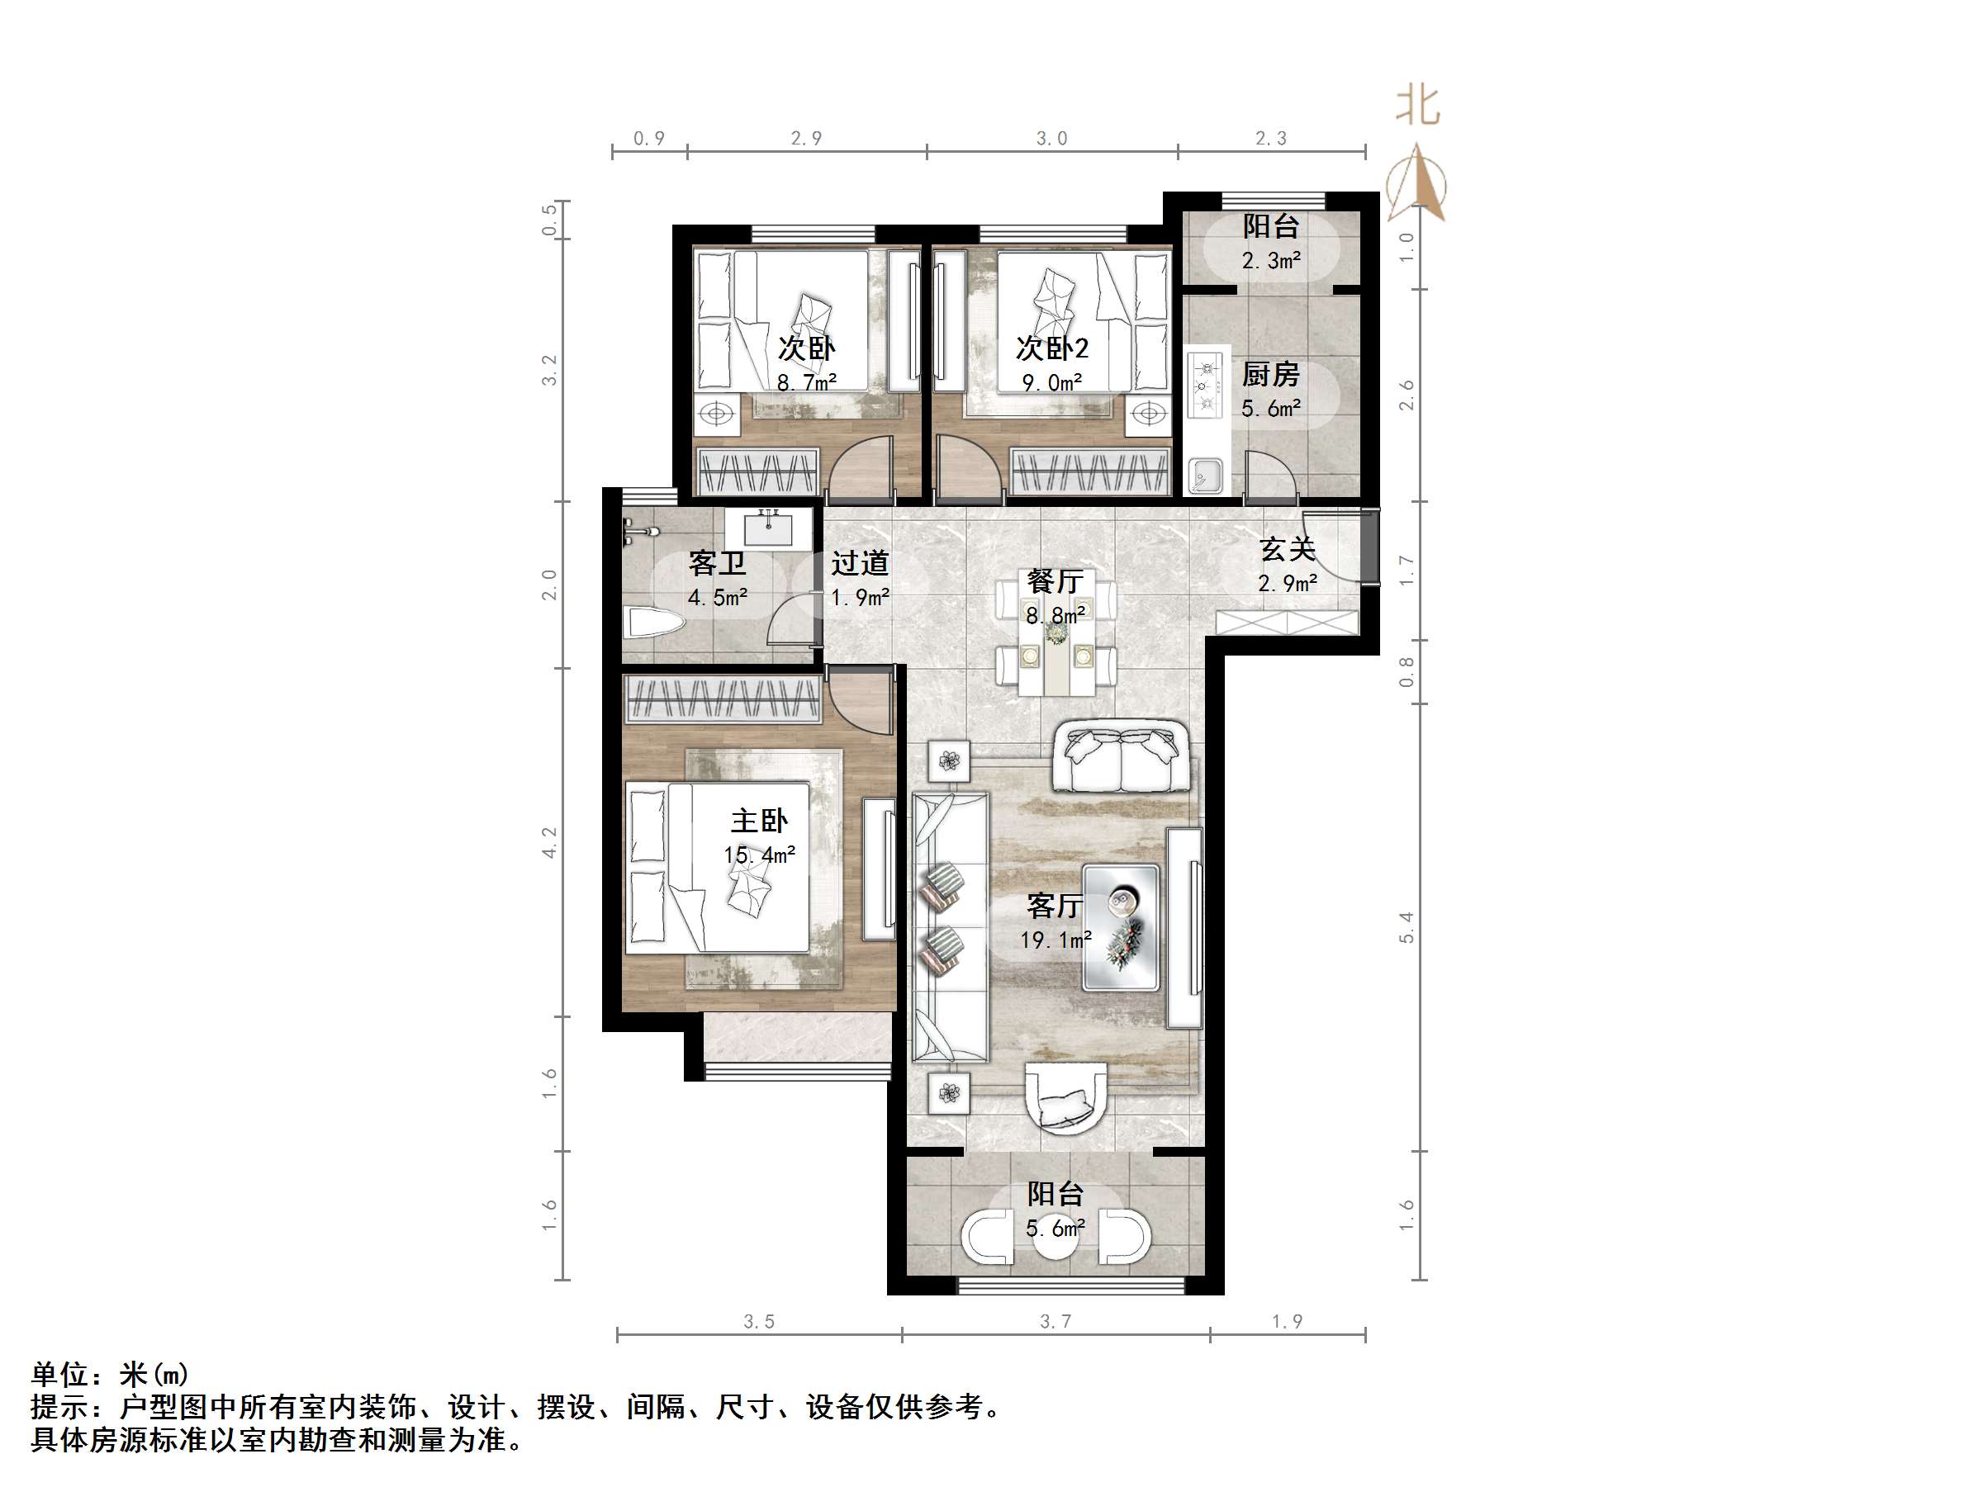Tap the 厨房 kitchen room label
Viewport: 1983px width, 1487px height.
[1270, 375]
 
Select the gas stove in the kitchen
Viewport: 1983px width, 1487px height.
[1206, 385]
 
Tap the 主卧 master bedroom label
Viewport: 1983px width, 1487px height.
[758, 821]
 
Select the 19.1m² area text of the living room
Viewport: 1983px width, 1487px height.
[1056, 940]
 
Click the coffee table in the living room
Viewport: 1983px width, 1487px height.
[1121, 927]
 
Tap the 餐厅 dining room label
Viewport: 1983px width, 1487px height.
[1056, 582]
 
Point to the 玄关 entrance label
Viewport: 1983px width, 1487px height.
[1288, 549]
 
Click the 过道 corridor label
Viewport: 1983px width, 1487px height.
[860, 563]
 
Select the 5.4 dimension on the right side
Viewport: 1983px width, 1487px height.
[1406, 927]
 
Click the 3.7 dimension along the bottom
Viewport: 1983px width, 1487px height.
[1056, 1321]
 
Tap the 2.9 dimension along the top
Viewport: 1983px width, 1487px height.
[806, 138]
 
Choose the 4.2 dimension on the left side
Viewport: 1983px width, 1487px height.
[549, 842]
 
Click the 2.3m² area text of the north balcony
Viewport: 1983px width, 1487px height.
[1271, 261]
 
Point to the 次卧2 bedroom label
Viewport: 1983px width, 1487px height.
[1051, 348]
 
